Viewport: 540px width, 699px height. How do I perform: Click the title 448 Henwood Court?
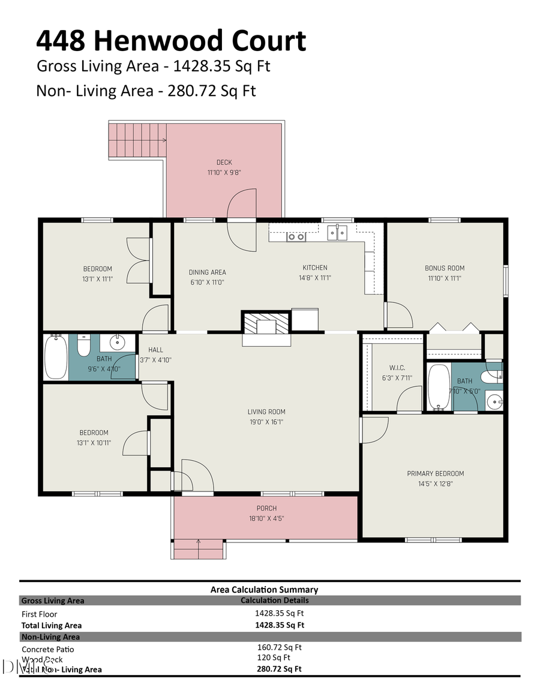click(x=171, y=41)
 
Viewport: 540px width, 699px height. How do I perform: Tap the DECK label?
click(x=224, y=162)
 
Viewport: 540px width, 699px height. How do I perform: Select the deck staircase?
click(x=137, y=140)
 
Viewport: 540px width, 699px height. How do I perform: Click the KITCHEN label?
click(x=314, y=268)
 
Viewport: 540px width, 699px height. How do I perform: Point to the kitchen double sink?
click(x=337, y=232)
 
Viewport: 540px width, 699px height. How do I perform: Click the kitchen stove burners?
click(x=296, y=236)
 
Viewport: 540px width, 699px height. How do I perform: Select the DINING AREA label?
click(x=207, y=272)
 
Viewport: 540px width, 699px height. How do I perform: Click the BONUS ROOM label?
click(x=444, y=268)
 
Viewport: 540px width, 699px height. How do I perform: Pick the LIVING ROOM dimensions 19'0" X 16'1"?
click(x=266, y=422)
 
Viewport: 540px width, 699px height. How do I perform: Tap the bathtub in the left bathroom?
click(x=56, y=357)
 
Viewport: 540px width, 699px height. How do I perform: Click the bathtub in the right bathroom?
click(x=439, y=387)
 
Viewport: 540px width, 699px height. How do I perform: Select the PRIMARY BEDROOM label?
click(x=435, y=473)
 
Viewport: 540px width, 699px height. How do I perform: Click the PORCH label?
click(x=266, y=508)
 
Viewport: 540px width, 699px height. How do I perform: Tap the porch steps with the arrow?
click(x=198, y=548)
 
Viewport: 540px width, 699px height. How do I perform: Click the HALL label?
click(x=155, y=350)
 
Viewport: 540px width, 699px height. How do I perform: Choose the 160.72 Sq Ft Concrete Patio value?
click(x=279, y=647)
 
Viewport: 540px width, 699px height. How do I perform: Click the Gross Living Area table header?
click(x=53, y=600)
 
